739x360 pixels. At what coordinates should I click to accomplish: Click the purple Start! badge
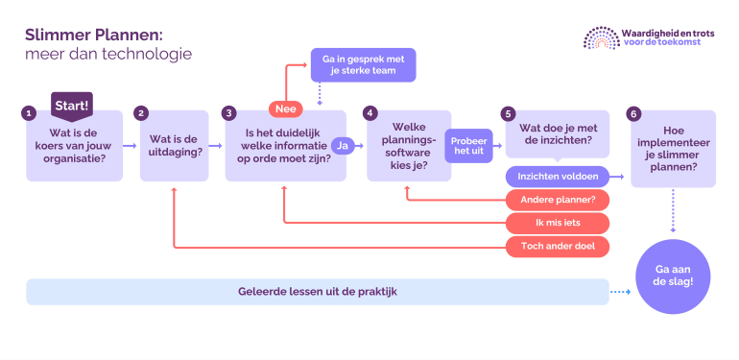click(71, 104)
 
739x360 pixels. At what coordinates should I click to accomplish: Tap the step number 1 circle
click(29, 112)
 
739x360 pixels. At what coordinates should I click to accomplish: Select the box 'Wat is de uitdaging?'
click(175, 146)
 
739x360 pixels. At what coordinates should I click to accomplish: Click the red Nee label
click(286, 108)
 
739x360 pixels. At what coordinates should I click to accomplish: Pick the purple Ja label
click(343, 145)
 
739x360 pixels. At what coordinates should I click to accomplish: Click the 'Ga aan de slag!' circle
click(672, 275)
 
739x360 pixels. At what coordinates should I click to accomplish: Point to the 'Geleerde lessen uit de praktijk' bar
click(317, 292)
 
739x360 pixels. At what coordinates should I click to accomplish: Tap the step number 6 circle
click(632, 112)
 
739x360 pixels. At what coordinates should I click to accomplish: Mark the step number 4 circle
click(369, 112)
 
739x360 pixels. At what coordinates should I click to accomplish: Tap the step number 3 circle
click(228, 112)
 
